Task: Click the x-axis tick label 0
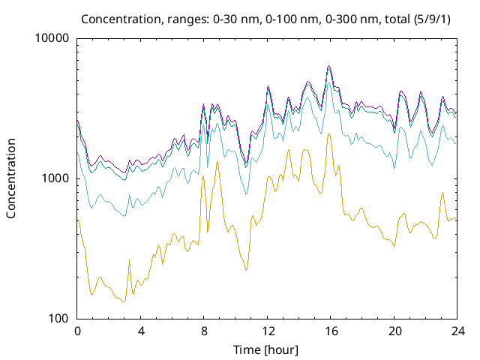(77, 331)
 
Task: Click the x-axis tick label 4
(141, 331)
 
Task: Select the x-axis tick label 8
(204, 331)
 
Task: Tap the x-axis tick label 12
(268, 331)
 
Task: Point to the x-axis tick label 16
(331, 331)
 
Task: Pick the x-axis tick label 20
(394, 331)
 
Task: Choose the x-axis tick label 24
(457, 331)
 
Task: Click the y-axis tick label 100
(58, 319)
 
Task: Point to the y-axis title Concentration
(11, 178)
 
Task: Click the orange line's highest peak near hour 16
(328, 133)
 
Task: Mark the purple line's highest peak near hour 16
(328, 66)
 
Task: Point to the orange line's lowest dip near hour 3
(124, 301)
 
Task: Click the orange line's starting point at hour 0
(78, 220)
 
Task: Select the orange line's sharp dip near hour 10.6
(246, 270)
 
